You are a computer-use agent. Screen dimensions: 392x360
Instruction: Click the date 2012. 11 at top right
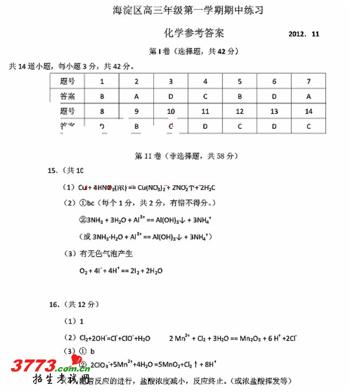point(304,34)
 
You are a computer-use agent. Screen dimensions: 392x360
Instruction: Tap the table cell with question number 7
point(309,81)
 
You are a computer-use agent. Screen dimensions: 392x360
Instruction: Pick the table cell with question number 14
point(309,111)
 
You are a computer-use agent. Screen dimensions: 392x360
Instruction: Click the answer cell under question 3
point(171,96)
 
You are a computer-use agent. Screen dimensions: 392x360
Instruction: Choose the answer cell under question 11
point(205,126)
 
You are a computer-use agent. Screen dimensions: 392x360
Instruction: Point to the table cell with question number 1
point(102,81)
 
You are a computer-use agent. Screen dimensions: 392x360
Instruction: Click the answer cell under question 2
point(136,96)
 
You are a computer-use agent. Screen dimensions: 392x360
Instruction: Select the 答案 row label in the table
point(68,96)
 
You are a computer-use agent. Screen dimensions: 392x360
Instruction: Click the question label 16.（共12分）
point(74,304)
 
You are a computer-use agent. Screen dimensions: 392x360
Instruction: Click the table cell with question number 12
point(240,111)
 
